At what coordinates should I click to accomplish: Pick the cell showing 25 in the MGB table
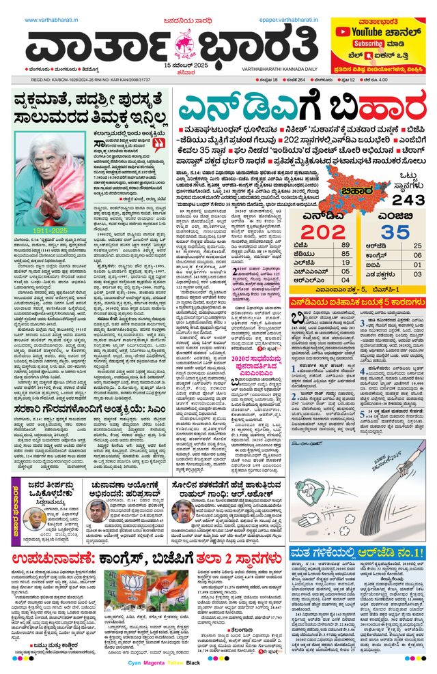[x=418, y=244]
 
